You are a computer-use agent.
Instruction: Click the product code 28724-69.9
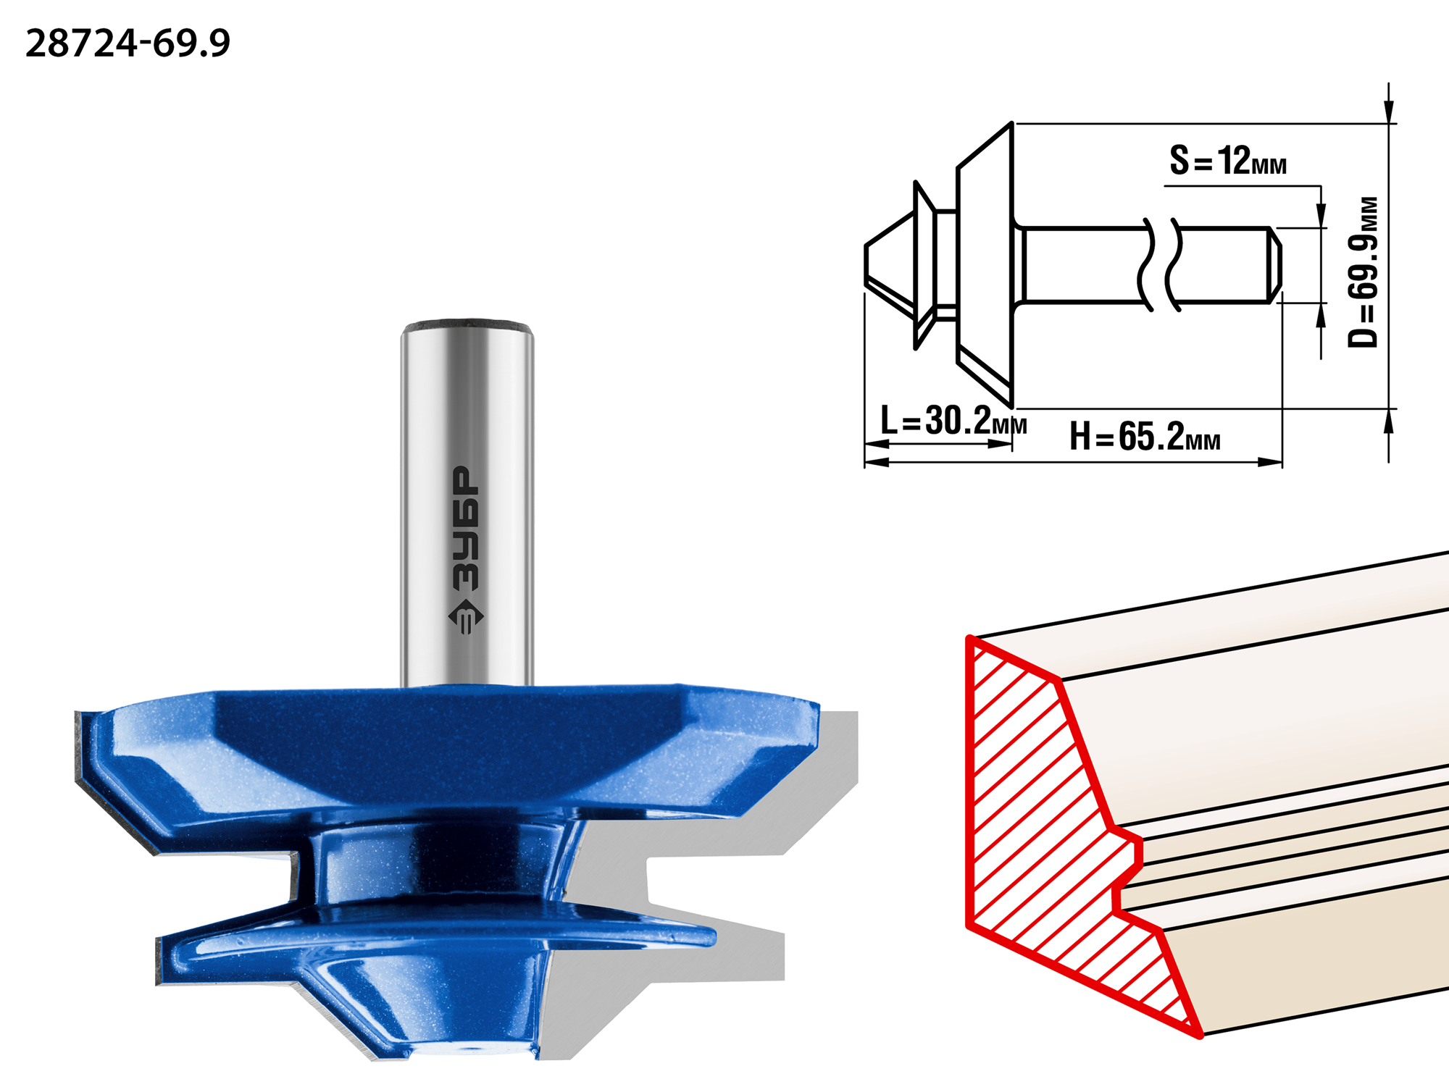(x=128, y=43)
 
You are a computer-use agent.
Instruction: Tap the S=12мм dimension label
(x=1228, y=160)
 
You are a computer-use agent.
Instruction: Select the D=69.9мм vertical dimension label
(x=1363, y=272)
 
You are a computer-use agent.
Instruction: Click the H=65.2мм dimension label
(x=1145, y=437)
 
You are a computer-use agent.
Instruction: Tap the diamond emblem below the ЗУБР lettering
(x=466, y=618)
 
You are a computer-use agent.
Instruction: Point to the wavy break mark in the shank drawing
(x=1160, y=264)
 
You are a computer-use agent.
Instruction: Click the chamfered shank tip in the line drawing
(x=1274, y=265)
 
